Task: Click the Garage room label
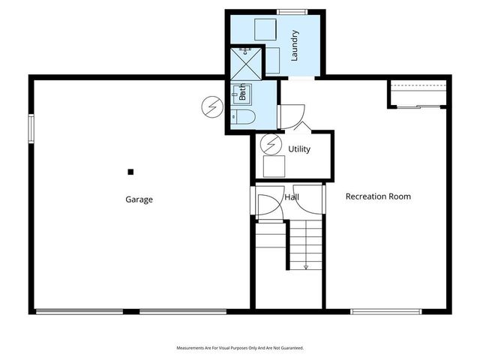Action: tap(139, 199)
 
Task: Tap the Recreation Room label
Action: tap(378, 196)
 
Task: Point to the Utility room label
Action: tap(299, 149)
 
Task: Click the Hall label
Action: tap(292, 196)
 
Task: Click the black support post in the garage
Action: tap(130, 172)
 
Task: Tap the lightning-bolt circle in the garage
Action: tap(212, 106)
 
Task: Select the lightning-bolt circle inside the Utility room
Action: tap(270, 142)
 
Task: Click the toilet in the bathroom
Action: tap(244, 116)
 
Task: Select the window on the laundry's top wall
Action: tap(292, 12)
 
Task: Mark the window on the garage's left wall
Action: tap(31, 127)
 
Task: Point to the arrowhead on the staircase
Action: tap(306, 266)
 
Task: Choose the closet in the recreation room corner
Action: tap(418, 95)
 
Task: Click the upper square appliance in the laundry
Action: tap(265, 29)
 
